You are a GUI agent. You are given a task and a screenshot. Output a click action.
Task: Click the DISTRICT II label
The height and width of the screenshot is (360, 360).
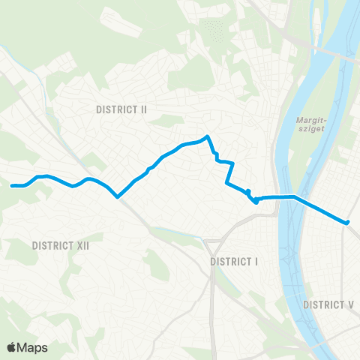point(121,109)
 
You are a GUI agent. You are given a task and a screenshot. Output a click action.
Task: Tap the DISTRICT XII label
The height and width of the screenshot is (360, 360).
point(59,245)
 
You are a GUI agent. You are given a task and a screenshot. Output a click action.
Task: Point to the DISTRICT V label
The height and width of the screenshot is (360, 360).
point(328,304)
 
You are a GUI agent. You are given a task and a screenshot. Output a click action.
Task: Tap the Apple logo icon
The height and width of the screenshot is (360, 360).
point(12,347)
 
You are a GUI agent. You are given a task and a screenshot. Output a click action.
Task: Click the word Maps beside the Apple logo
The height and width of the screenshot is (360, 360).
point(33,347)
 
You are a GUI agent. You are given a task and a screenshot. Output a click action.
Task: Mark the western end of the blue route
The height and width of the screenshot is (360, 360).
point(13,185)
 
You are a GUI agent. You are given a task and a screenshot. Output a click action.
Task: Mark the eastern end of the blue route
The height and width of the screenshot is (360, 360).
point(347,222)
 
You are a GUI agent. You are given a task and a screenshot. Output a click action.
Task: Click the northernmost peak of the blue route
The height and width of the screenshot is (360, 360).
point(207,136)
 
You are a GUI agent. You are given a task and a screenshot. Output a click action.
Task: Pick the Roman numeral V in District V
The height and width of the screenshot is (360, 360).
point(349,304)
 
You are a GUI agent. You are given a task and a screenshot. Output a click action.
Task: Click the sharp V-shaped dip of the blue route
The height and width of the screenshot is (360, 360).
point(118,197)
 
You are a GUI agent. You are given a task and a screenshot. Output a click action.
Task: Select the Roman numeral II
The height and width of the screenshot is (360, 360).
point(142,109)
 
